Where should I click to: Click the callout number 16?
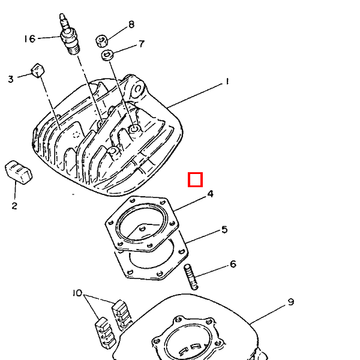pos(30,38)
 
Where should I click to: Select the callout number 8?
pos(131,25)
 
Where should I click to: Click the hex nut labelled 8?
pos(102,41)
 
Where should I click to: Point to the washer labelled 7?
pos(107,55)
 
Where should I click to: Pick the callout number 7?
pos(142,44)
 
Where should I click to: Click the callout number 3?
pos(11,79)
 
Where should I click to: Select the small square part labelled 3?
pos(38,70)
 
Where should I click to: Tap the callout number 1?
pos(227,82)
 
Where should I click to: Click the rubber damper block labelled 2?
pos(19,172)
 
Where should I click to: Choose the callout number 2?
pos(14,205)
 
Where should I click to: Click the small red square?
pos(195,179)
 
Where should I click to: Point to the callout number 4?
pos(211,194)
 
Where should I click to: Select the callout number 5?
pos(224,229)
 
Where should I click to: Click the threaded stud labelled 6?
pos(191,277)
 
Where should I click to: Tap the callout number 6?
pos(233,264)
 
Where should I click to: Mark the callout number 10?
pos(77,293)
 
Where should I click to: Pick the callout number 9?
pos(290,302)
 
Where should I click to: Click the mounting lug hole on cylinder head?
pos(138,89)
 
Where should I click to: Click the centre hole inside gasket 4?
pos(142,229)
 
